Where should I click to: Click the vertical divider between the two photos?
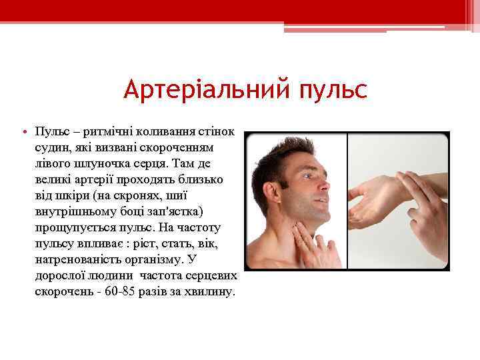click(x=347, y=200)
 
